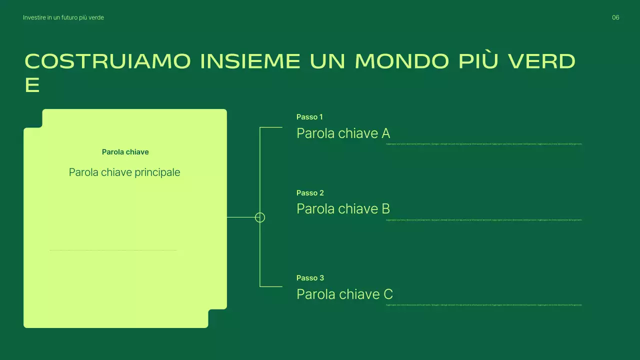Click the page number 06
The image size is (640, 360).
click(x=615, y=17)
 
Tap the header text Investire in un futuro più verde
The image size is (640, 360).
click(x=63, y=17)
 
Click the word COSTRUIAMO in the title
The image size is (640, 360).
click(x=107, y=61)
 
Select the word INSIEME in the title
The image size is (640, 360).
click(x=250, y=61)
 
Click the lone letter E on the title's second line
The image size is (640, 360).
click(x=32, y=85)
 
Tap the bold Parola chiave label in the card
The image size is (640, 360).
click(x=125, y=152)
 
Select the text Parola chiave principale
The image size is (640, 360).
click(x=124, y=172)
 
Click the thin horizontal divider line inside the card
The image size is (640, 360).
click(x=113, y=250)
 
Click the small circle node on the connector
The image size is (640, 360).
click(x=260, y=217)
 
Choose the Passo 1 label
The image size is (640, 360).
click(x=309, y=117)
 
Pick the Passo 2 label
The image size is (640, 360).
click(x=310, y=193)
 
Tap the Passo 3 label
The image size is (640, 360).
click(x=310, y=278)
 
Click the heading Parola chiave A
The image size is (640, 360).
click(x=343, y=133)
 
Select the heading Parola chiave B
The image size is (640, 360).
click(x=343, y=209)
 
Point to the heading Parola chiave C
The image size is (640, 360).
click(x=344, y=294)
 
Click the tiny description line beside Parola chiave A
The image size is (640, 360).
click(x=484, y=144)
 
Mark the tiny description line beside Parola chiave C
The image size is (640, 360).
click(x=484, y=305)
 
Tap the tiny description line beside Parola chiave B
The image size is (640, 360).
click(x=484, y=220)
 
